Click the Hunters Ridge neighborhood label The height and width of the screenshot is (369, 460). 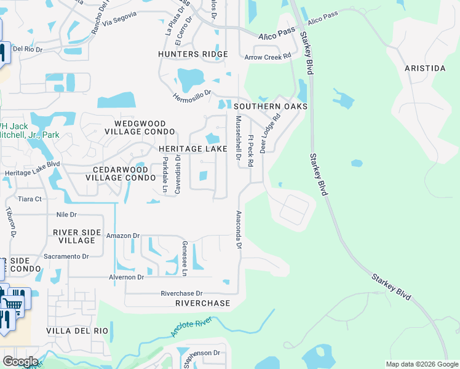[x=192, y=54]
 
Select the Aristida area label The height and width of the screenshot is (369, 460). [x=424, y=68]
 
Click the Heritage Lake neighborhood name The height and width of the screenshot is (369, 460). [x=192, y=149]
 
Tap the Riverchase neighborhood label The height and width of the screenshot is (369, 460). [x=202, y=303]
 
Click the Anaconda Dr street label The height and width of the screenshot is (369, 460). [x=238, y=230]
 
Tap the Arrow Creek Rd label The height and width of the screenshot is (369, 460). [x=268, y=57]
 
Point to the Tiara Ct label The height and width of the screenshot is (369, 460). [x=30, y=199]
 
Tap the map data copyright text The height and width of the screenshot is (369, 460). [x=421, y=364]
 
